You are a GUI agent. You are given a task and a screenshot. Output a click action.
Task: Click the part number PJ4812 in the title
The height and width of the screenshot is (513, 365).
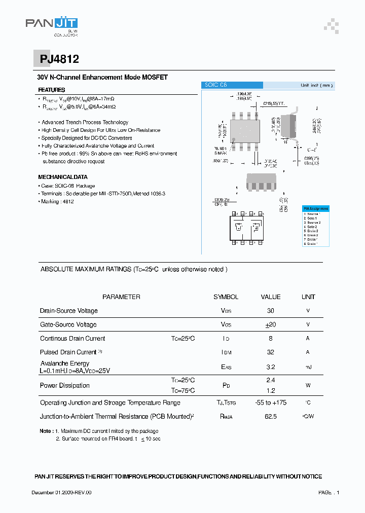[x=59, y=59]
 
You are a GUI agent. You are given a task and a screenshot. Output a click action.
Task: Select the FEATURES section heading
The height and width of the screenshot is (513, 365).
[x=52, y=90]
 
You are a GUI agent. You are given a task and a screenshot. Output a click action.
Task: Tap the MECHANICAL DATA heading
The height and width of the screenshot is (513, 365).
[x=63, y=177]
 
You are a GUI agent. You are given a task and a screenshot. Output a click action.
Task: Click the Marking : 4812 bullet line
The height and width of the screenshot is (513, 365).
[x=57, y=201]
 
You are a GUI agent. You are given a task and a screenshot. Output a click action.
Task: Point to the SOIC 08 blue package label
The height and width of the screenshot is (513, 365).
[x=232, y=85]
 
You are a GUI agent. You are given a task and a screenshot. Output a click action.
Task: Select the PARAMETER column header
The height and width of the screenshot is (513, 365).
[x=121, y=297]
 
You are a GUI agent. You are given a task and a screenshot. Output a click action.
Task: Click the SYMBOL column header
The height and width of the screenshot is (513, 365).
[x=226, y=297]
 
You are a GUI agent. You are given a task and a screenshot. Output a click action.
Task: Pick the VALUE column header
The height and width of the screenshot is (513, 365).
[x=270, y=297]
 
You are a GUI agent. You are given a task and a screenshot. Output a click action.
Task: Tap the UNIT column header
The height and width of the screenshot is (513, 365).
[x=308, y=297]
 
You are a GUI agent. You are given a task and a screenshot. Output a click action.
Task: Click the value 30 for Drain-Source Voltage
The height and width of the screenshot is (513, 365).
[x=270, y=311]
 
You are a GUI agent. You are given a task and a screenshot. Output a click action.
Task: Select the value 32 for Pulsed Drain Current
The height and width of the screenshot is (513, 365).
[x=270, y=352]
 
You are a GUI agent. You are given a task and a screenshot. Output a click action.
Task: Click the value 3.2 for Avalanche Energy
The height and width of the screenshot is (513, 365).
[x=270, y=367]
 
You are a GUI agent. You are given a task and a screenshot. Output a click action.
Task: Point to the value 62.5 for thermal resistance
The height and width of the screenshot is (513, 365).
[x=270, y=417]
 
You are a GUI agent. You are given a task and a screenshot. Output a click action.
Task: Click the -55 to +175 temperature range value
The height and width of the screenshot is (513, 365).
[x=270, y=402]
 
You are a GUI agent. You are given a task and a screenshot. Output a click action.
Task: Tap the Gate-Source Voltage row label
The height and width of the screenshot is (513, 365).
[x=68, y=324]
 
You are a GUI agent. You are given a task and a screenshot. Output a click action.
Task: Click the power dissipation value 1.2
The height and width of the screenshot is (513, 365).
[x=270, y=391]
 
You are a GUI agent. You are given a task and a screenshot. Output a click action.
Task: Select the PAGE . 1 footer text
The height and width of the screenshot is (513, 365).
[x=328, y=492]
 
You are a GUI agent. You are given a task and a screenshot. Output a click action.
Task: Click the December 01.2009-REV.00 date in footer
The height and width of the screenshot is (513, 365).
[x=61, y=492]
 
